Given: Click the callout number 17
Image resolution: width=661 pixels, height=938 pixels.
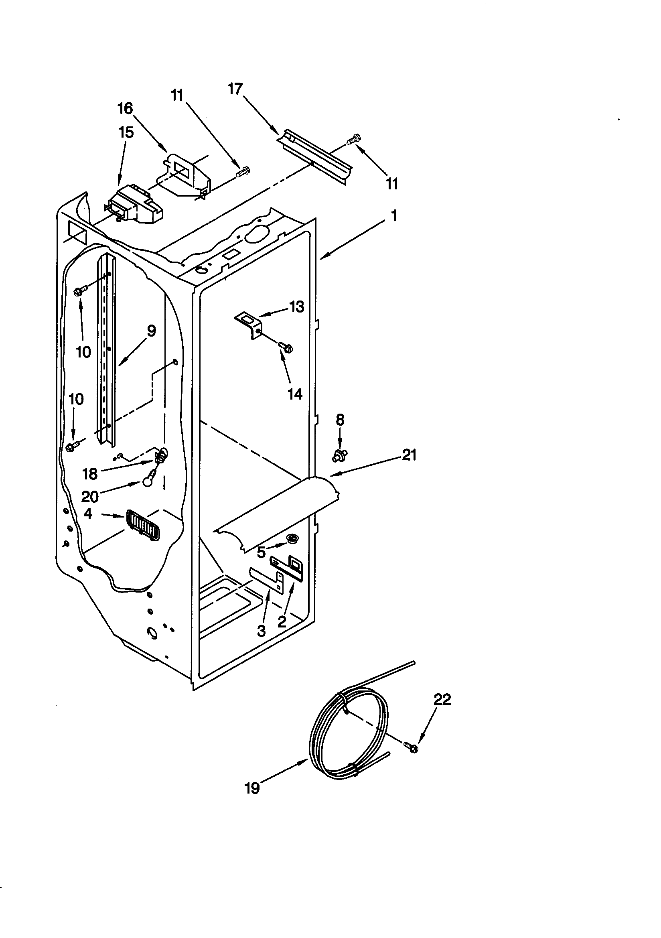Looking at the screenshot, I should pyautogui.click(x=235, y=89).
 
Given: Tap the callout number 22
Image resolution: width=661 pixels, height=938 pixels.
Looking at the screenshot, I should pyautogui.click(x=442, y=699).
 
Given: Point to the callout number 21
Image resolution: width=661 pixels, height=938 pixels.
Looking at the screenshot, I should pyautogui.click(x=409, y=455).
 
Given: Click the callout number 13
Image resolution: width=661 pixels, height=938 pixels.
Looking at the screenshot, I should pyautogui.click(x=297, y=307).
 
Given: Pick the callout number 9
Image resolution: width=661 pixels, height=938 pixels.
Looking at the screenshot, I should pyautogui.click(x=151, y=331).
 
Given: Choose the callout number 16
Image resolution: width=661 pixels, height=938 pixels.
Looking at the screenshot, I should pyautogui.click(x=125, y=109).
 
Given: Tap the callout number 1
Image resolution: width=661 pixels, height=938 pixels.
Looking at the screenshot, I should pyautogui.click(x=394, y=215).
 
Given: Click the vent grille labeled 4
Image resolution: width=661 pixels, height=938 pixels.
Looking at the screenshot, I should pyautogui.click(x=142, y=525).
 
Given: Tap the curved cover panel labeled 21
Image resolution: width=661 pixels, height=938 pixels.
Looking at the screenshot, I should pyautogui.click(x=278, y=513).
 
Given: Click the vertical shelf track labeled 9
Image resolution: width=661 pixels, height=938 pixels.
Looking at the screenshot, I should pyautogui.click(x=106, y=351).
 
